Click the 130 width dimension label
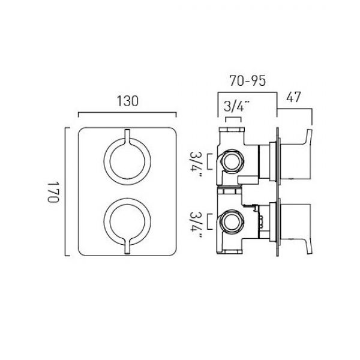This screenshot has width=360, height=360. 127,101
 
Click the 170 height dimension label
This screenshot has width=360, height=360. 53,192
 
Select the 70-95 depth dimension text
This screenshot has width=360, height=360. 248,80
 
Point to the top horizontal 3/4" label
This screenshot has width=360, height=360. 236,106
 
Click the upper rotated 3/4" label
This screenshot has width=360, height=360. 195,164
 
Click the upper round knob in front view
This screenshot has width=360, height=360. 127,161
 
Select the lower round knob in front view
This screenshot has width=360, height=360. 127,222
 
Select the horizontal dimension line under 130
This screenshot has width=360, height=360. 127,112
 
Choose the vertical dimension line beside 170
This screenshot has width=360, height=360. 66,191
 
